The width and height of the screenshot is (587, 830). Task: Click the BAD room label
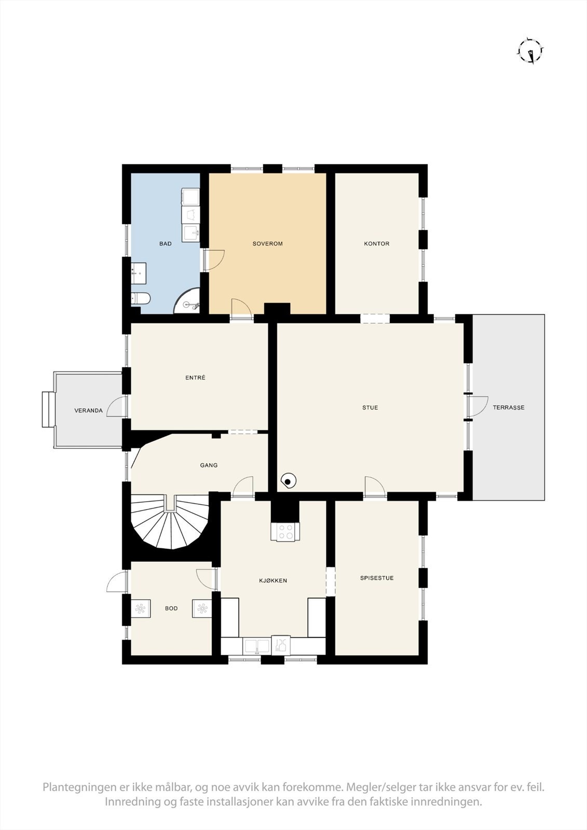166,243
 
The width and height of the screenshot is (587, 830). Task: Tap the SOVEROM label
267,243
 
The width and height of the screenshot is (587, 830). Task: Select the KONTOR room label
376,243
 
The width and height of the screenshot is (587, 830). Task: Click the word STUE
370,408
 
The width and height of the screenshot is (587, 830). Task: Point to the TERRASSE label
508,408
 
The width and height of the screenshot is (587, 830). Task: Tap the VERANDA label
89,411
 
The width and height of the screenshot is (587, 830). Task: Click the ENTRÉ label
195,378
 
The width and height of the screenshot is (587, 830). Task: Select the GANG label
209,465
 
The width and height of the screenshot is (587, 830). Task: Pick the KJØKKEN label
273,580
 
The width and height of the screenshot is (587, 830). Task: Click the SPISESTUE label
376,578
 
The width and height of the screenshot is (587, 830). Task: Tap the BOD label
171,608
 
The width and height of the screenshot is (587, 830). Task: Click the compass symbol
530,51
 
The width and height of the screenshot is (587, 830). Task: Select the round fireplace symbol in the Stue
288,481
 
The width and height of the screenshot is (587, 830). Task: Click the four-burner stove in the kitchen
285,532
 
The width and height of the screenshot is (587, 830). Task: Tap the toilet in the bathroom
141,298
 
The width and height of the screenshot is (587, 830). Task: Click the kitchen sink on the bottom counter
257,646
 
